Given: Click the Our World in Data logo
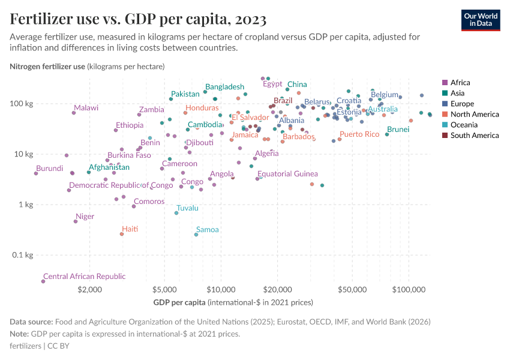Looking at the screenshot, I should click(x=480, y=20).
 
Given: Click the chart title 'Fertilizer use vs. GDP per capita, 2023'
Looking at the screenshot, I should click(x=138, y=19).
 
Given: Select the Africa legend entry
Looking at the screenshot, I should click(x=460, y=83).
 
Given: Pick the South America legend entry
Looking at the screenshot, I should click(x=473, y=136).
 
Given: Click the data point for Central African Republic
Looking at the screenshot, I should click(x=43, y=281).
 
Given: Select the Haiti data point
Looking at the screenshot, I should click(x=122, y=234).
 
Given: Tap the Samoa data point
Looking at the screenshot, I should click(x=196, y=235).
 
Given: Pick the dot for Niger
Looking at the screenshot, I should click(x=76, y=221).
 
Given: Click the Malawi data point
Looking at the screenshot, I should click(x=74, y=113).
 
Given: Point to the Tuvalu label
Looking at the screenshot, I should click(x=187, y=208).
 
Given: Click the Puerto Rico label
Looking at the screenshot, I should click(x=359, y=134).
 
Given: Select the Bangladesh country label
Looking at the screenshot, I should click(x=224, y=87).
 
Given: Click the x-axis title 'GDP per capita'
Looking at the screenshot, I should click(x=180, y=302).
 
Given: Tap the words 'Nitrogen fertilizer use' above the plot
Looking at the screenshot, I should click(x=47, y=66).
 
